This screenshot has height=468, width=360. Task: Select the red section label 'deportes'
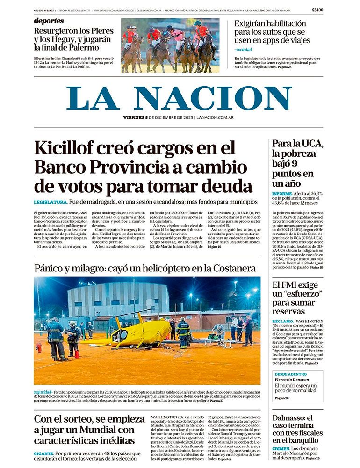[49, 21]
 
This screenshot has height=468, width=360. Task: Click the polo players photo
[170, 45]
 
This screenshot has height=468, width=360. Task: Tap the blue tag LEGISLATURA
[50, 202]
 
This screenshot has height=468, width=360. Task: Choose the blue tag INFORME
[282, 193]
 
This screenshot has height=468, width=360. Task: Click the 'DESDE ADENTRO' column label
[290, 374]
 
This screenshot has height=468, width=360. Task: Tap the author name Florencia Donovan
[294, 380]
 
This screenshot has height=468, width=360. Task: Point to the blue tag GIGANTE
[43, 453]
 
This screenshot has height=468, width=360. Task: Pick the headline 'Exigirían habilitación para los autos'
[272, 32]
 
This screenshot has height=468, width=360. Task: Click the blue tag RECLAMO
[283, 322]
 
